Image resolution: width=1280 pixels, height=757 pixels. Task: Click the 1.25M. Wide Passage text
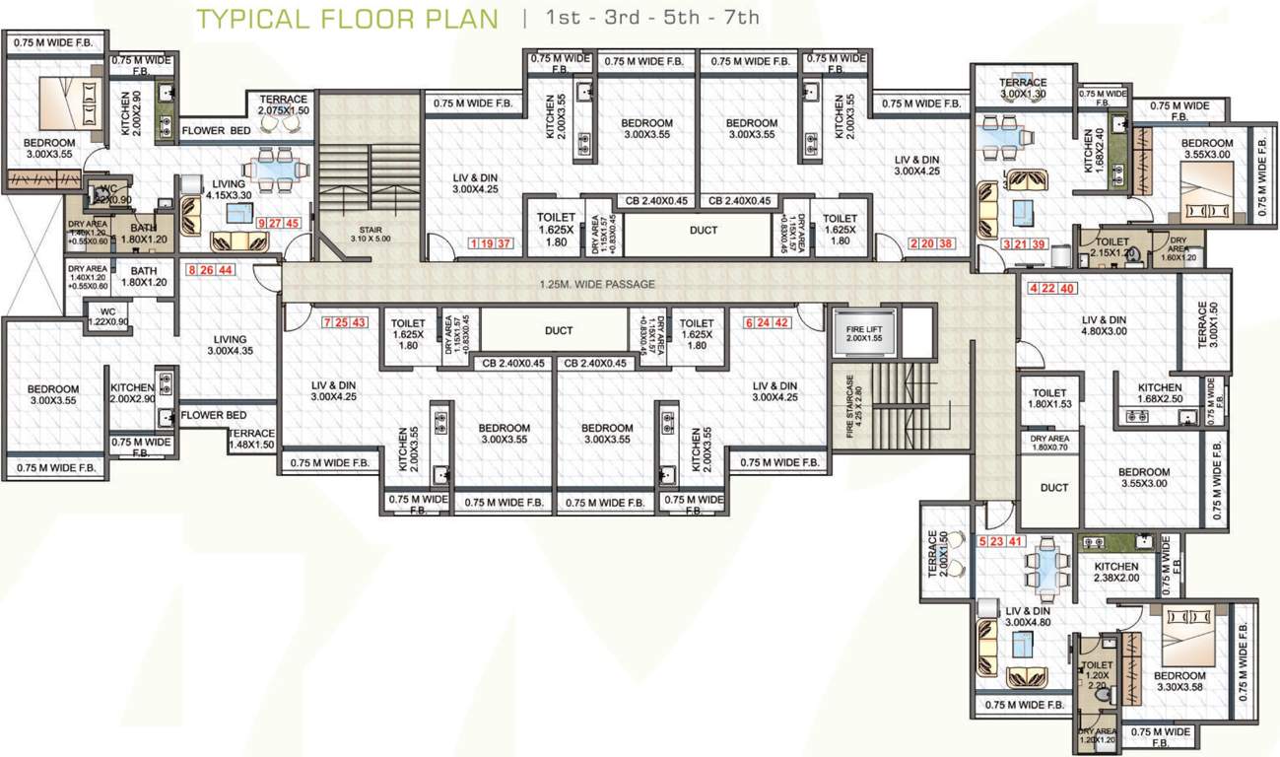(x=597, y=284)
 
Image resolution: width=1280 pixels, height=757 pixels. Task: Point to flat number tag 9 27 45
(x=278, y=223)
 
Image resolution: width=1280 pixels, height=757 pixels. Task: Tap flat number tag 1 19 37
(x=491, y=243)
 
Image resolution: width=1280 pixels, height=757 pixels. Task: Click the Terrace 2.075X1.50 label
(x=283, y=105)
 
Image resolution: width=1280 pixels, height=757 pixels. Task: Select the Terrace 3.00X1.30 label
(x=1023, y=88)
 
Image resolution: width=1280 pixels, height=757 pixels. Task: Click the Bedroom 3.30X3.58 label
(x=1179, y=681)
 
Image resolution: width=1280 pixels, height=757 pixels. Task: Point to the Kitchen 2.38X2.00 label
(x=1115, y=573)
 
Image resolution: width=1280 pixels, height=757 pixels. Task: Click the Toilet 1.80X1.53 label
(x=1048, y=398)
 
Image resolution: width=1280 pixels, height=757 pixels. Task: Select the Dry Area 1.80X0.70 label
(x=1050, y=444)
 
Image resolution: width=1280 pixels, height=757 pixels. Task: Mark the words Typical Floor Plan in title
(x=347, y=19)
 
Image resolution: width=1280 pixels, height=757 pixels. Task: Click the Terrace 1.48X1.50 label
(x=251, y=440)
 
